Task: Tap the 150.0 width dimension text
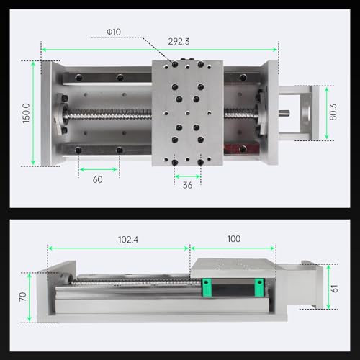point(26,112)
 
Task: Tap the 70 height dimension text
point(22,296)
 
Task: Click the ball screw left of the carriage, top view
point(108,113)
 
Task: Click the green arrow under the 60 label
point(99,169)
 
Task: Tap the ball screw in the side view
point(130,283)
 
